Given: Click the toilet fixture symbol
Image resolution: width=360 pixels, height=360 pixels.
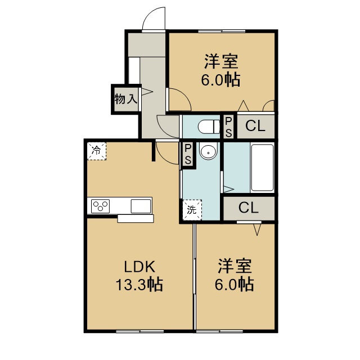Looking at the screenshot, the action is pyautogui.click(x=209, y=127).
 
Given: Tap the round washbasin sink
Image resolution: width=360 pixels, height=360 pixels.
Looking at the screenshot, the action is pyautogui.click(x=208, y=151).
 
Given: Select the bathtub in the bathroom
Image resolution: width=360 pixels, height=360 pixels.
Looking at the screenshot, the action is pyautogui.click(x=263, y=168).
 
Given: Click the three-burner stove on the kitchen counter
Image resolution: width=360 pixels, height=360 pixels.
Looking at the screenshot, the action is pyautogui.click(x=100, y=206).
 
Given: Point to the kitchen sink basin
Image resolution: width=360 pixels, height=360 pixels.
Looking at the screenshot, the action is pyautogui.click(x=141, y=206).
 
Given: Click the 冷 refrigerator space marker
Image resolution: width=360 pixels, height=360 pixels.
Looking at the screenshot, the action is pyautogui.click(x=97, y=151).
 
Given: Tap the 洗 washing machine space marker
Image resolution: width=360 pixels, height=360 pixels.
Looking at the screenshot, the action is pyautogui.click(x=192, y=210).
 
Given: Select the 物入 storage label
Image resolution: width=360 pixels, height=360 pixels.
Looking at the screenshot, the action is pyautogui.click(x=126, y=99).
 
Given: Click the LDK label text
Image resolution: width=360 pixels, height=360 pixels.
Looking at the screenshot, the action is pyautogui.click(x=139, y=267).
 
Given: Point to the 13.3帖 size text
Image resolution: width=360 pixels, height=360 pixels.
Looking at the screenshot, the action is pyautogui.click(x=139, y=285).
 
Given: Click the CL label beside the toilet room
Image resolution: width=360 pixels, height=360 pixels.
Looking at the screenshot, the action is pyautogui.click(x=255, y=126).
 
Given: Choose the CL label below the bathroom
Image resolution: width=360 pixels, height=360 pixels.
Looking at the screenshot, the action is pyautogui.click(x=249, y=208).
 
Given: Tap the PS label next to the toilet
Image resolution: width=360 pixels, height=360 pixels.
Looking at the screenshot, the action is pyautogui.click(x=228, y=127).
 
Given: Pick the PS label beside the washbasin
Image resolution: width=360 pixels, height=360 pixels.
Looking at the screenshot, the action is pyautogui.click(x=188, y=154).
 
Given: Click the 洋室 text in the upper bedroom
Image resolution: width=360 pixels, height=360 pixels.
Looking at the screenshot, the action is pyautogui.click(x=221, y=61).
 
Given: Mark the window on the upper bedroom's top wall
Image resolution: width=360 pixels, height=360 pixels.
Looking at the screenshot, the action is pyautogui.click(x=222, y=31).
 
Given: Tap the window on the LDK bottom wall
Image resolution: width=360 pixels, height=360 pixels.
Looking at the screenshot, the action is pyautogui.click(x=140, y=331).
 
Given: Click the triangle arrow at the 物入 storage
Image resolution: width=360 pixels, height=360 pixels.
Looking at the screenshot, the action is pyautogui.click(x=146, y=92).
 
